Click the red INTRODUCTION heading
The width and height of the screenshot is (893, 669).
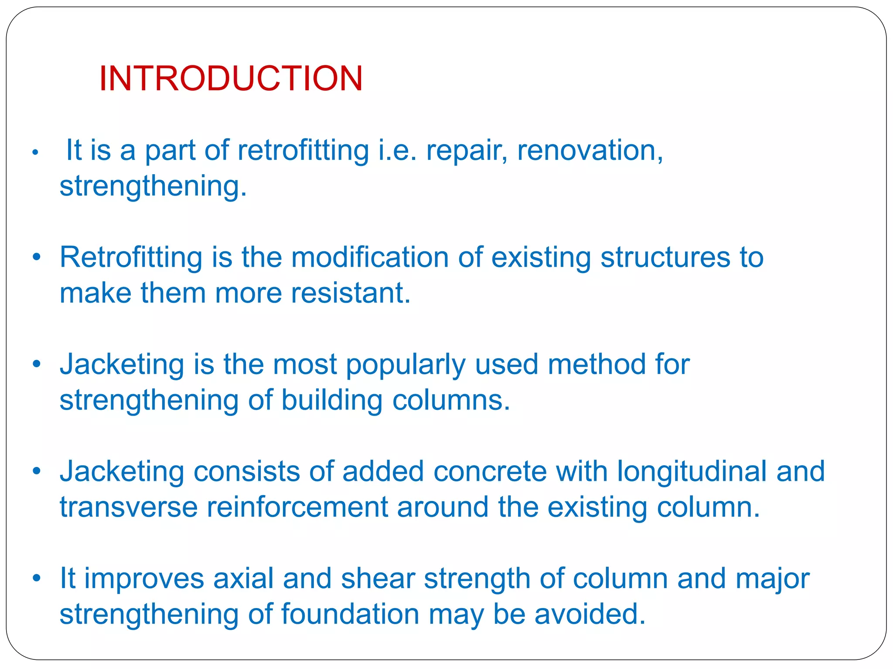point(231,79)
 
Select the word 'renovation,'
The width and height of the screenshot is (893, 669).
point(590,151)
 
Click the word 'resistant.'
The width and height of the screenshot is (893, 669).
point(351,293)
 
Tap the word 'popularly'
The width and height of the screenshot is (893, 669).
point(406,365)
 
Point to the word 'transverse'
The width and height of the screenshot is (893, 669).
point(129,507)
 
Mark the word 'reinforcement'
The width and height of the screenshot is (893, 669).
point(297,507)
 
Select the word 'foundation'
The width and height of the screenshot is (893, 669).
point(350,615)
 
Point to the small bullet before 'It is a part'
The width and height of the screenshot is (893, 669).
point(35,153)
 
